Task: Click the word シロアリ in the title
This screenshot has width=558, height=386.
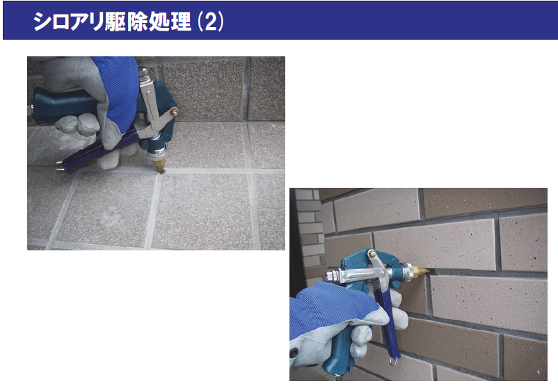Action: (x=68, y=22)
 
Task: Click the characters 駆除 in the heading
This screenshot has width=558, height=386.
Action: (x=126, y=22)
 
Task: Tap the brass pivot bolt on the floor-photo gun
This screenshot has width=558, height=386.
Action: (x=174, y=111)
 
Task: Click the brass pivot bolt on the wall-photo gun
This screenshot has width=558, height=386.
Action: (x=372, y=254)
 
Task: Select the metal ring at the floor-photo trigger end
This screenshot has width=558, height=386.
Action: (x=59, y=166)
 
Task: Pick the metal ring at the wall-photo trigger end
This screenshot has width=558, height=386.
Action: (x=393, y=361)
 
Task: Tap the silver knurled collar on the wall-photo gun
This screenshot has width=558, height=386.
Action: (x=406, y=271)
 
